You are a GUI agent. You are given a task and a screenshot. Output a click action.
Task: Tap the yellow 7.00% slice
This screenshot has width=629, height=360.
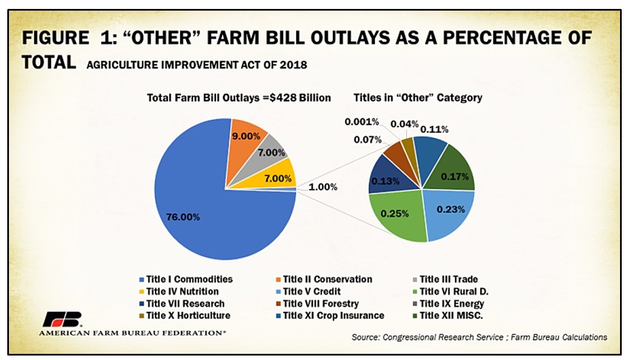pyautogui.click(x=278, y=176)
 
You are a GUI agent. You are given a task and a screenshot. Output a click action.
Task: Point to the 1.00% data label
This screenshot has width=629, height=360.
pyautogui.click(x=324, y=187)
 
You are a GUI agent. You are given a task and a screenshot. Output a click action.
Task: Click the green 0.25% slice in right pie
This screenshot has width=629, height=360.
pyautogui.click(x=396, y=216)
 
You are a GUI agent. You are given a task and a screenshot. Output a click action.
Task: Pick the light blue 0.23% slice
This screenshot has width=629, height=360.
pyautogui.click(x=447, y=211)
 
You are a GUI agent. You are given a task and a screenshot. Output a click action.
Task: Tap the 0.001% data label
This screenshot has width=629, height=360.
pyautogui.click(x=361, y=121)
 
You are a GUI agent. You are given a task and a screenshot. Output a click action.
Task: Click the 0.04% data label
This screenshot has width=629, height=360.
pyautogui.click(x=404, y=124)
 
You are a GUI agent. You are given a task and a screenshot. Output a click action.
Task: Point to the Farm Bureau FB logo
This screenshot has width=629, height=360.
pyautogui.click(x=62, y=319)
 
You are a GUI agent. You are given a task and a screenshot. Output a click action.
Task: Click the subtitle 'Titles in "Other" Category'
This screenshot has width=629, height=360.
pyautogui.click(x=418, y=98)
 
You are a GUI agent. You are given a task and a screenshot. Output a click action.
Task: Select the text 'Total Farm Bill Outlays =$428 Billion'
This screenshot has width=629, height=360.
pyautogui.click(x=239, y=98)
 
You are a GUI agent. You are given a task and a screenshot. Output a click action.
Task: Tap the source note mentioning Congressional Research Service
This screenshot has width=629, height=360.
pyautogui.click(x=479, y=337)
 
